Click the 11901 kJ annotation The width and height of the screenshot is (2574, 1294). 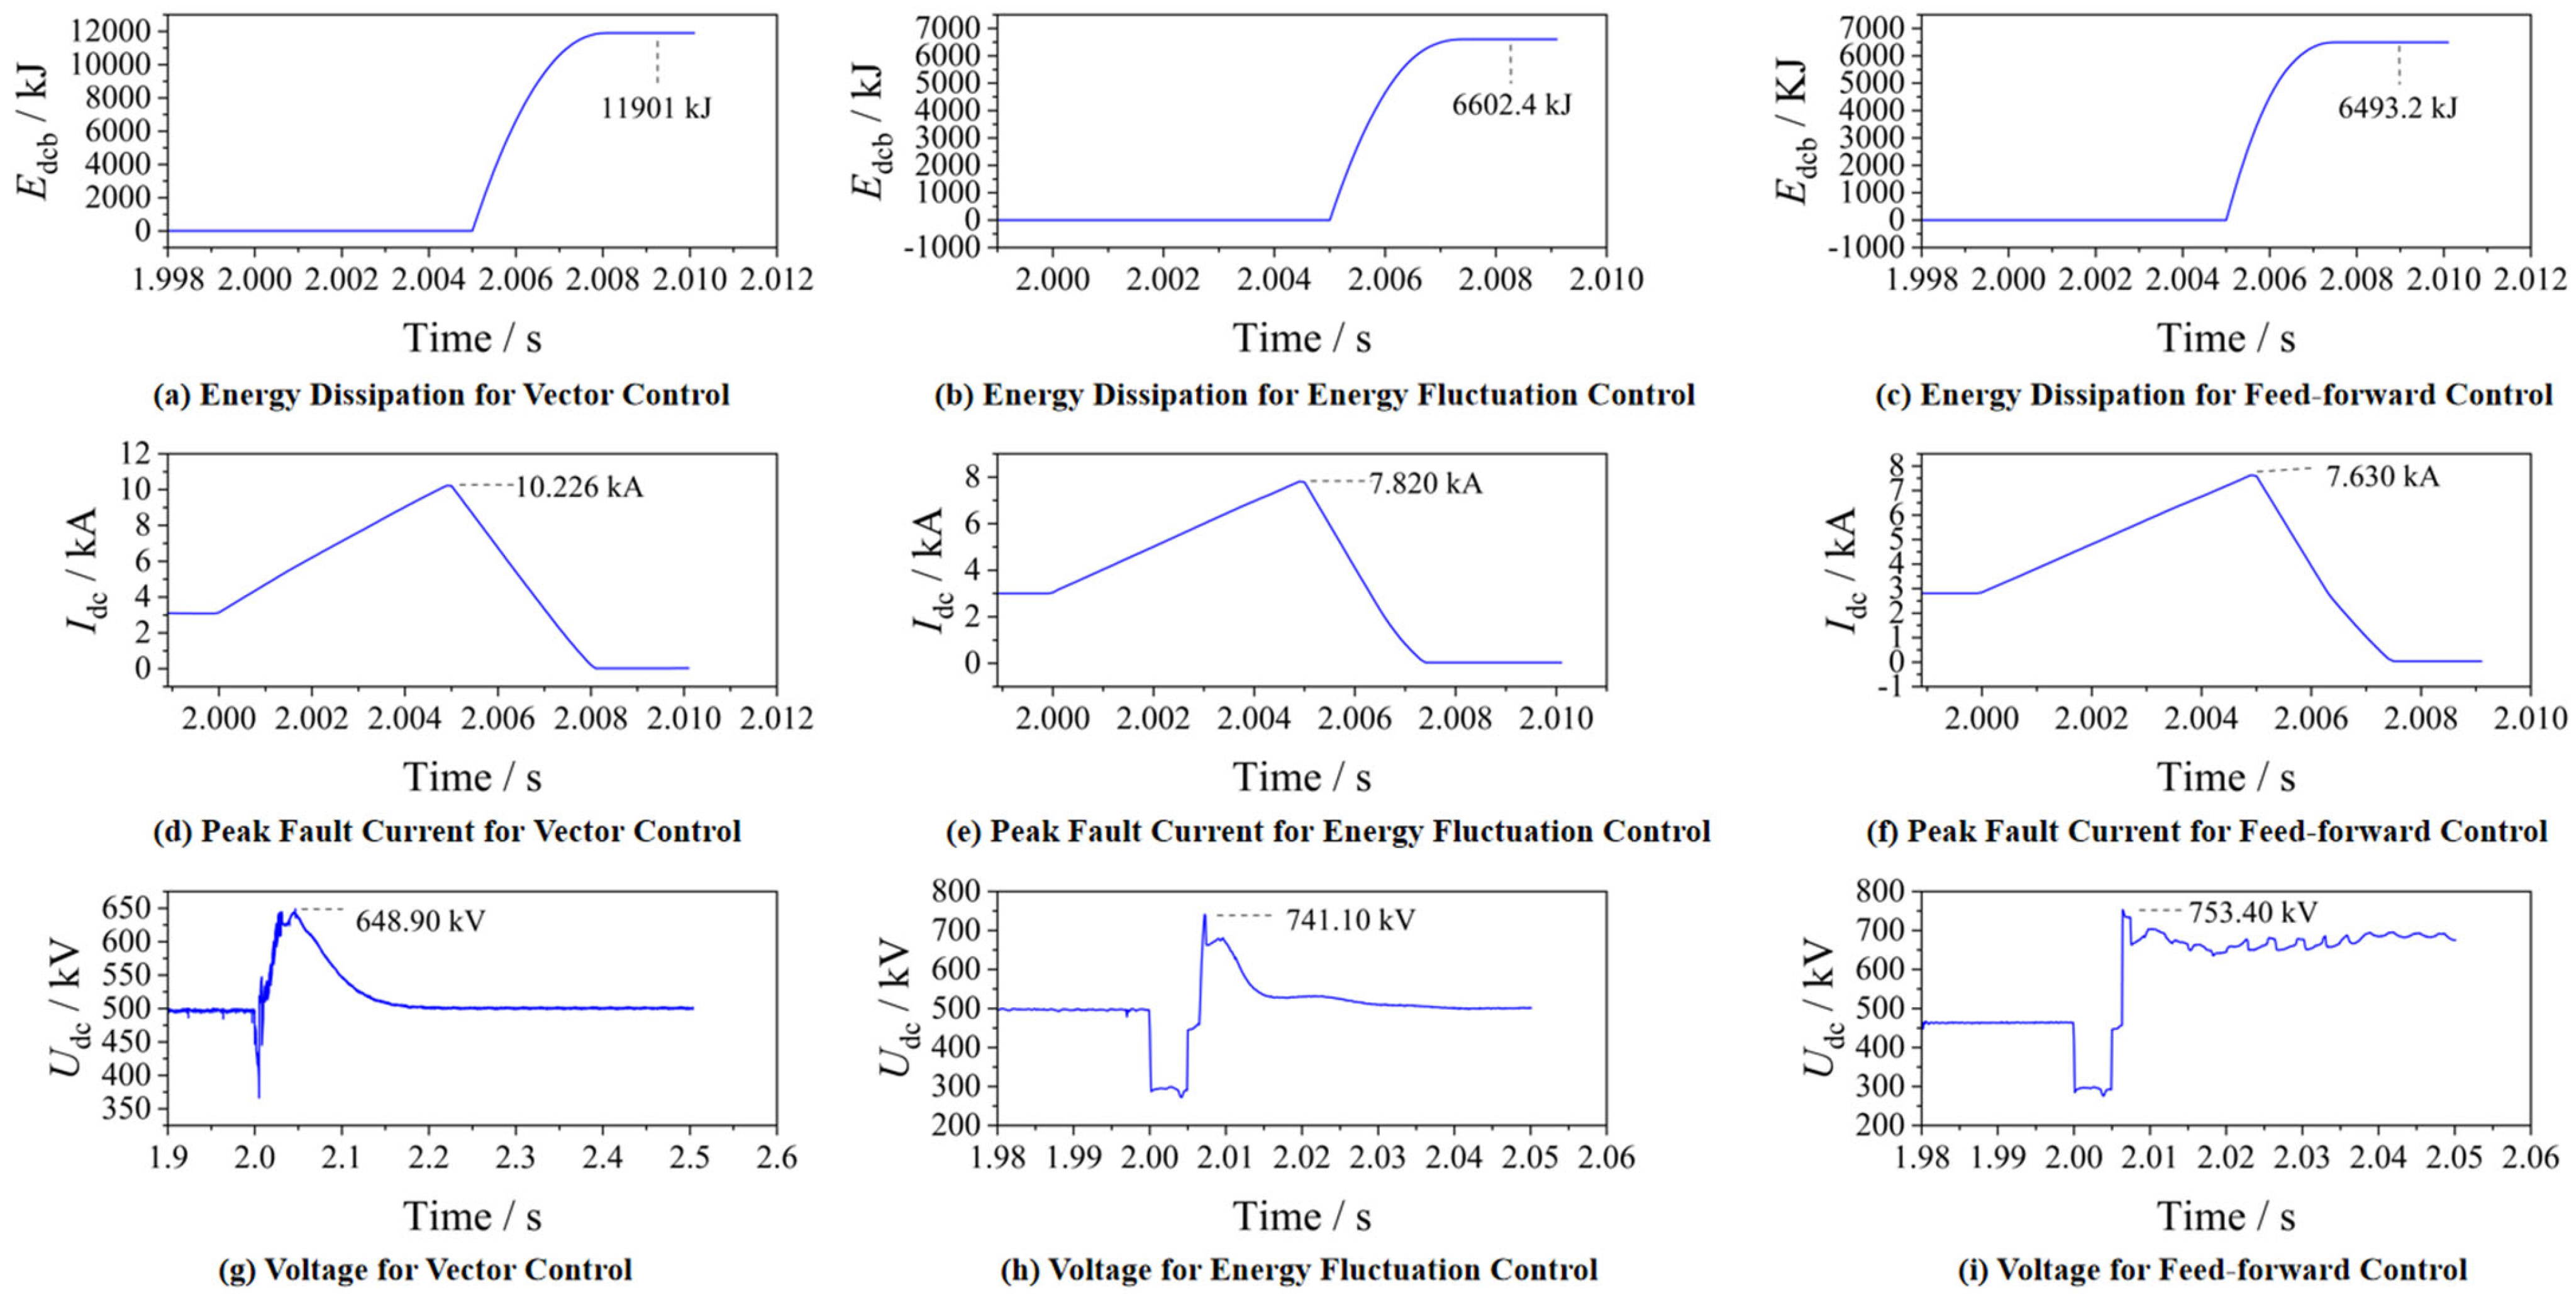[x=655, y=107]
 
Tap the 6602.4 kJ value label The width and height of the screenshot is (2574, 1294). [x=1511, y=104]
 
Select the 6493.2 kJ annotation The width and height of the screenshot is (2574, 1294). [x=2396, y=108]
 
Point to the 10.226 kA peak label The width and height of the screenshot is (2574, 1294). [x=579, y=487]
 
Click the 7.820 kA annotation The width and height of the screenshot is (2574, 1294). [x=1425, y=484]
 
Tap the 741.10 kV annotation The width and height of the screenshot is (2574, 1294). [x=1350, y=919]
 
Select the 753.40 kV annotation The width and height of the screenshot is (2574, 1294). [x=2252, y=912]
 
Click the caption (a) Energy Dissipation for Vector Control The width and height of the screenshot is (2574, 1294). [x=441, y=394]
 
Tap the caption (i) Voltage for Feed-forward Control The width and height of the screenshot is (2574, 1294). [x=2212, y=1270]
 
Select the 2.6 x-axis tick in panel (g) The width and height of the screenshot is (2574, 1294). [x=777, y=1157]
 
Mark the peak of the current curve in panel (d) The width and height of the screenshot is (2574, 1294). [x=450, y=486]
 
